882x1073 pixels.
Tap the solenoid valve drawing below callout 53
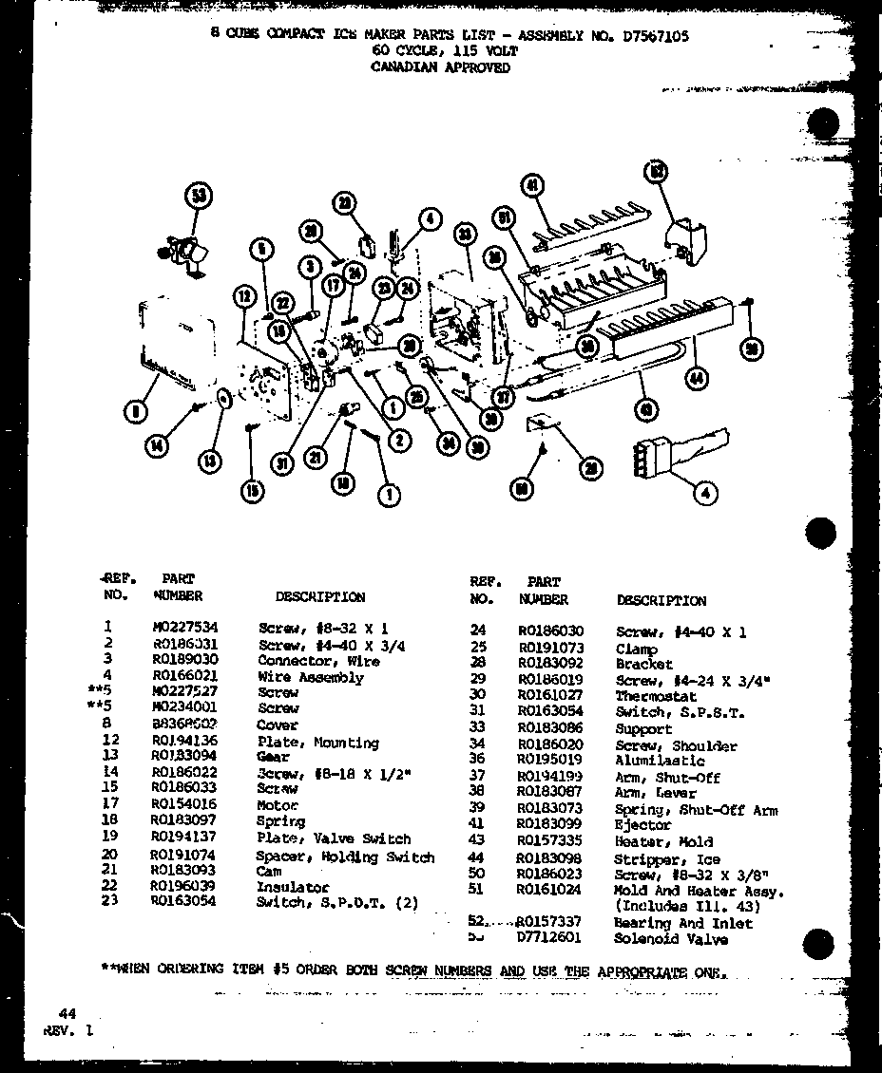pos(186,254)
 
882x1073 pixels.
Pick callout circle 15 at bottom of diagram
pos(253,492)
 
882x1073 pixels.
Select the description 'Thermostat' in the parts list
pos(655,696)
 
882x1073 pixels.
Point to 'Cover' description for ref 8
pos(277,725)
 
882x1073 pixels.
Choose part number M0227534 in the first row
pos(184,627)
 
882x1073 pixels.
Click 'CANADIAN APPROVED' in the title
pos(441,67)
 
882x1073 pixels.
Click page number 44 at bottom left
pos(67,1013)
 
